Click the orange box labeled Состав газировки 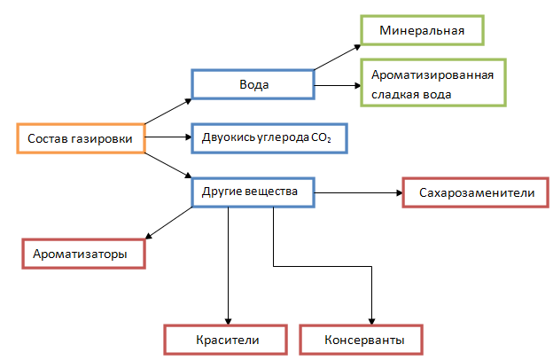click(x=80, y=138)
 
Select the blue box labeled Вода click(x=254, y=85)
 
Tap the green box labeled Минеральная click(x=423, y=32)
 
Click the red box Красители click(x=226, y=340)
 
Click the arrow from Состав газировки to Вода click(x=167, y=109)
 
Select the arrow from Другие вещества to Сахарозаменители click(x=358, y=192)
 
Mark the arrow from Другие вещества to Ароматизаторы click(x=168, y=223)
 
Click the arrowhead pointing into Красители click(x=230, y=321)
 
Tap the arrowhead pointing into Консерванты click(x=372, y=321)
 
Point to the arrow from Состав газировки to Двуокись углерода click(x=168, y=138)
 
